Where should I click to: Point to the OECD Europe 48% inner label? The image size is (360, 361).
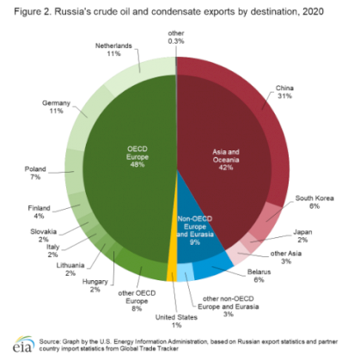tap(137, 156)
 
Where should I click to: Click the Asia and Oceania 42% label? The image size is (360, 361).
tap(226, 160)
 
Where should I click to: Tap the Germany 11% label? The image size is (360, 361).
tap(56, 107)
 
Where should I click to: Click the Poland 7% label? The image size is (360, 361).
tap(35, 173)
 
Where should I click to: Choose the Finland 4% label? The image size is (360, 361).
tap(39, 211)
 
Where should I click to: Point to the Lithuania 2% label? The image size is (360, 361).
tap(70, 269)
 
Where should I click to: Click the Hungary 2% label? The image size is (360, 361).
tap(95, 285)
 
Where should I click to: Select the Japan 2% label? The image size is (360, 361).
tap(302, 236)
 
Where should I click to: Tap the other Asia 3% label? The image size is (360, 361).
tap(286, 257)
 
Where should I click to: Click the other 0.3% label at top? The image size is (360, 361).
tap(176, 37)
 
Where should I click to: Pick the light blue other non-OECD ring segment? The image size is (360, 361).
tap(186, 272)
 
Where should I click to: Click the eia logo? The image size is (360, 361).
tap(23, 344)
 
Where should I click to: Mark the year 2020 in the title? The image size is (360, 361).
tap(313, 12)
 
